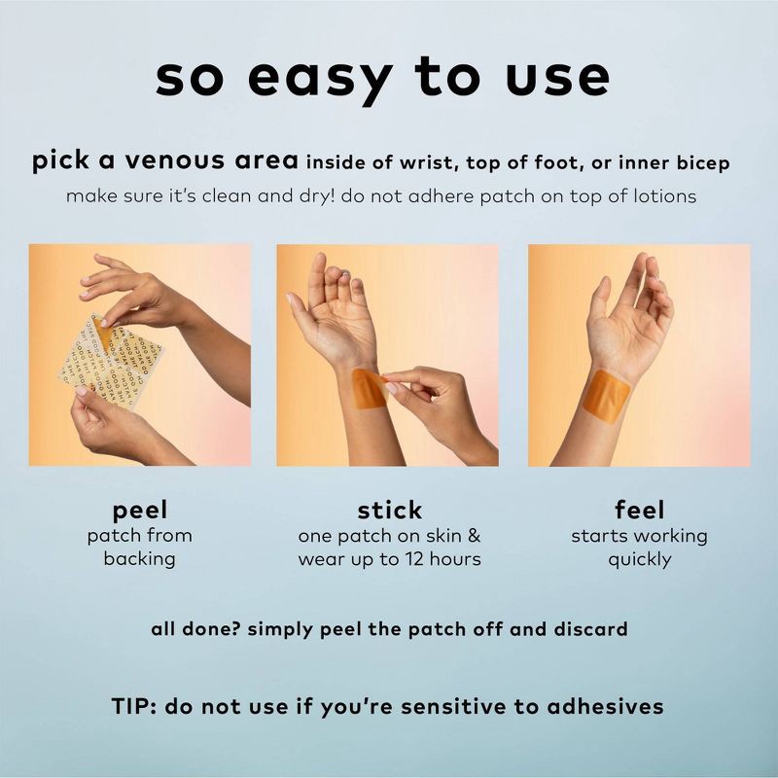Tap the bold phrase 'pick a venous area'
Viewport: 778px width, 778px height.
pos(165,160)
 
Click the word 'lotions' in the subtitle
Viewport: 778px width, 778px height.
pos(665,196)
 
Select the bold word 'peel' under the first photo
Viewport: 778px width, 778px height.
pos(140,511)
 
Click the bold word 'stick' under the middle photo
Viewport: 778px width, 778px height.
pos(390,510)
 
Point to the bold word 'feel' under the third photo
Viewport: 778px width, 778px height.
pos(639,510)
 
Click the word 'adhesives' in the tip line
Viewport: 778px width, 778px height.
pos(605,706)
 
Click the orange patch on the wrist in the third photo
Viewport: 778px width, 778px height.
pos(606,397)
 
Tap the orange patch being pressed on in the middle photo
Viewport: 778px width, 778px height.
pos(369,390)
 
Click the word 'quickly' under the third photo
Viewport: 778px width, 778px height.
pos(640,560)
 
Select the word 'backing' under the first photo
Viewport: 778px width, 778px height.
pos(139,559)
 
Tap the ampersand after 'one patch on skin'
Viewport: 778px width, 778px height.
pos(475,536)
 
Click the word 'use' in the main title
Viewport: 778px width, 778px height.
pos(557,80)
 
